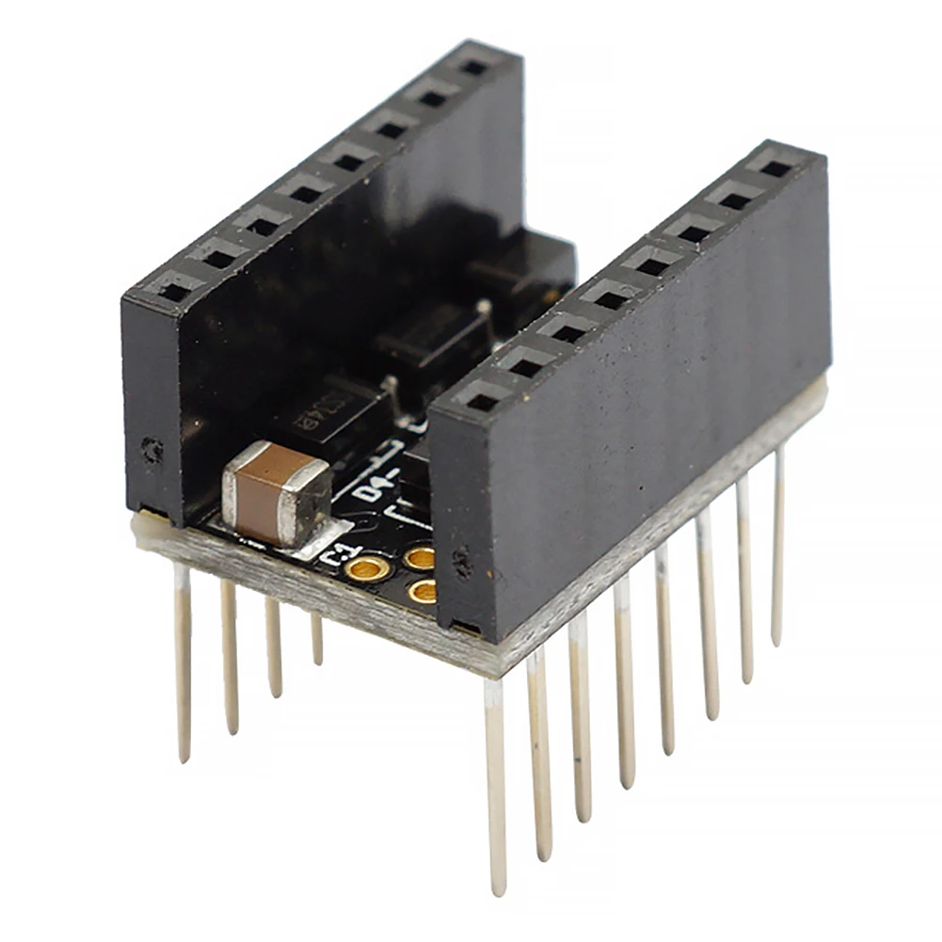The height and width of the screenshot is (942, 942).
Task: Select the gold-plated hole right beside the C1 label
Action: pos(366,567)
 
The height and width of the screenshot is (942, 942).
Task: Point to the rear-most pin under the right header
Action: pos(778,546)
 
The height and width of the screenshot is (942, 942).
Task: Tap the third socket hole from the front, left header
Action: pos(262,226)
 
